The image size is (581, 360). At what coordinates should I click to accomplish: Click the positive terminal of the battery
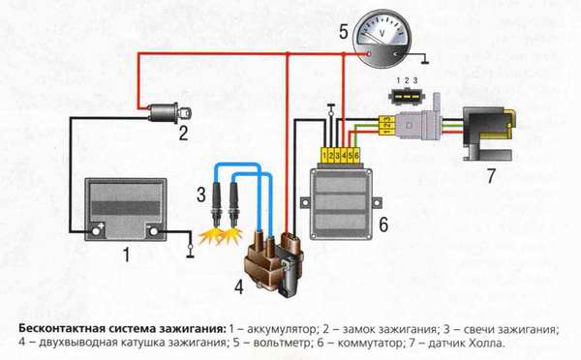[96, 231]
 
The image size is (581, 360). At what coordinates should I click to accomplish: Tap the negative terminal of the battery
[153, 231]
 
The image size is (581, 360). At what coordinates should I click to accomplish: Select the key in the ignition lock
[185, 112]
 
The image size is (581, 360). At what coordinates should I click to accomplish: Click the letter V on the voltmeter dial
[382, 34]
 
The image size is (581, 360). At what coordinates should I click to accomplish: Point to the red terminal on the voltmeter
[369, 54]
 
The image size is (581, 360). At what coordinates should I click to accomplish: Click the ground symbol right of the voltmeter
[425, 59]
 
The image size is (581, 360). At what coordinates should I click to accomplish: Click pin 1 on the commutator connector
[324, 156]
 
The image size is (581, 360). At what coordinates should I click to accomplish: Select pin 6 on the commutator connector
[356, 156]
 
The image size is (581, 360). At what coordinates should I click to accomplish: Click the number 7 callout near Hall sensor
[491, 176]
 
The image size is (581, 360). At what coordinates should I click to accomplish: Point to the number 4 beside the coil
[239, 286]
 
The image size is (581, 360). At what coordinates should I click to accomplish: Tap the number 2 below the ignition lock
[183, 133]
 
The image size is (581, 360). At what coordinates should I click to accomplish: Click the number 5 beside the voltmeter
[344, 32]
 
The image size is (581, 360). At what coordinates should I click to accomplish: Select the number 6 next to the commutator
[383, 225]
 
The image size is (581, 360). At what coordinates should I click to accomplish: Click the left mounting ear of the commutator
[305, 202]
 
